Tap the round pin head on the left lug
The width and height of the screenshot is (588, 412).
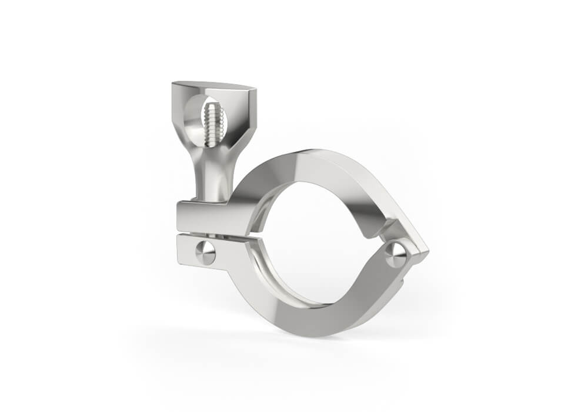(205, 252)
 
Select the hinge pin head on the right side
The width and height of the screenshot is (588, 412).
(396, 254)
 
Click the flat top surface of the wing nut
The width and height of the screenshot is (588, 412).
(215, 88)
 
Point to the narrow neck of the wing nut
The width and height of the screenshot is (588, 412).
(212, 177)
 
